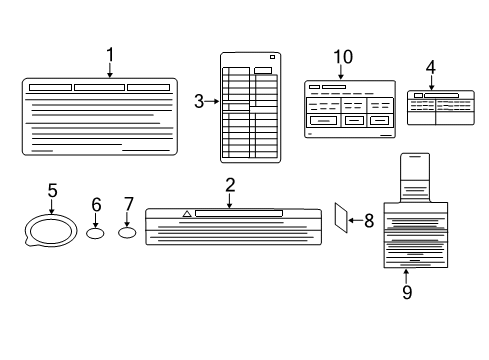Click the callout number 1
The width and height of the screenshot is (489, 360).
[110, 54]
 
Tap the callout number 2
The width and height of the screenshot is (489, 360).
[229, 184]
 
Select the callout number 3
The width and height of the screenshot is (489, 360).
[199, 101]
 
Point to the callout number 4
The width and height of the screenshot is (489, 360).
[430, 67]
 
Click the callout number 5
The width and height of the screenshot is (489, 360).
[52, 189]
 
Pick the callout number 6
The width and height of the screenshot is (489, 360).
[96, 204]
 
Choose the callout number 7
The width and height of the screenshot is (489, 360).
[127, 204]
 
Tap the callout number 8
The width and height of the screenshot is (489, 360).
[368, 221]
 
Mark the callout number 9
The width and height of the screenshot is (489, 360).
[407, 292]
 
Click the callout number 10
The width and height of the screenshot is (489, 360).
[343, 57]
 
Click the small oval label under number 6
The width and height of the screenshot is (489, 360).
[96, 234]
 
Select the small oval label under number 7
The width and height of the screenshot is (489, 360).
[127, 234]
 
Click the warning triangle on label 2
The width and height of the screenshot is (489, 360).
[187, 214]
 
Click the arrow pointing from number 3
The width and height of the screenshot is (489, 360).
[211, 101]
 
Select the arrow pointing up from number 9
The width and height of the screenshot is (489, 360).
[407, 276]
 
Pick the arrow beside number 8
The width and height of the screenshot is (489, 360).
[354, 221]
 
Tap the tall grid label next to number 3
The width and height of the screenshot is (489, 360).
[250, 106]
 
